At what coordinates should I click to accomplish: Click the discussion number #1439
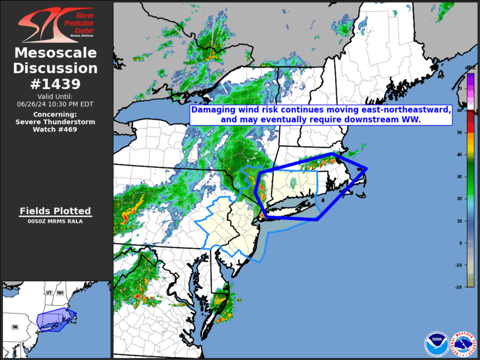[57, 83]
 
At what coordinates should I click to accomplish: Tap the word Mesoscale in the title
[57, 53]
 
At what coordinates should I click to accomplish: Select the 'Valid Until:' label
[57, 96]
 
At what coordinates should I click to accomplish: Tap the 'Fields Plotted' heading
[55, 211]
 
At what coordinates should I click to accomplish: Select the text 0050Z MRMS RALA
[55, 222]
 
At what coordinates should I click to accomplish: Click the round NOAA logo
[435, 343]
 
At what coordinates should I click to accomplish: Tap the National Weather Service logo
[463, 343]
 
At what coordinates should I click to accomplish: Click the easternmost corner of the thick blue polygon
[366, 169]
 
